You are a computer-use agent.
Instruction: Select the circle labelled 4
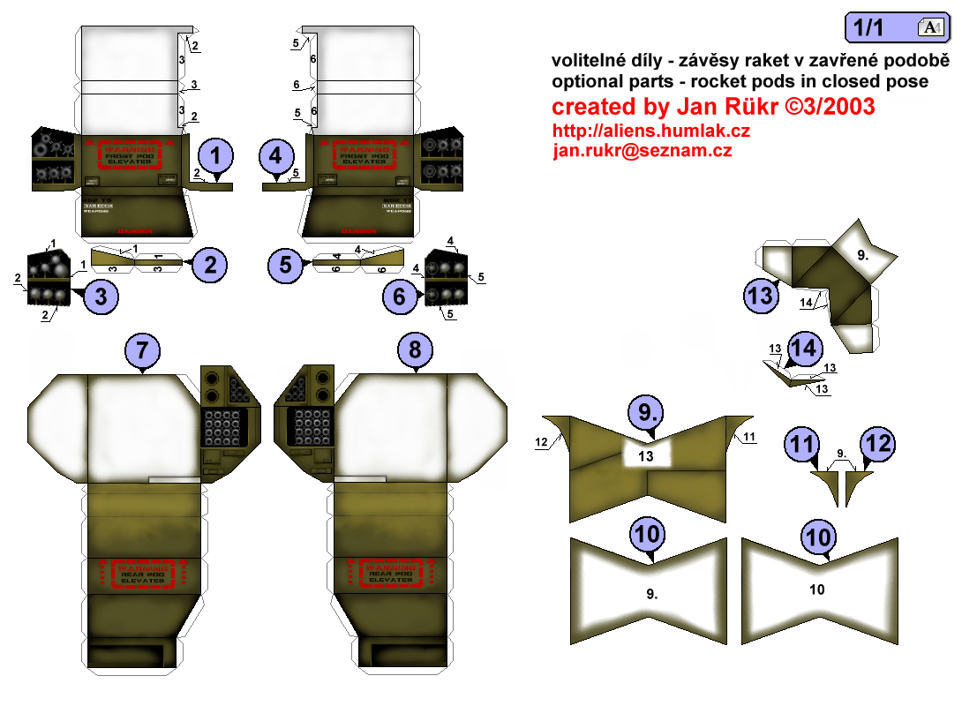[x=277, y=157]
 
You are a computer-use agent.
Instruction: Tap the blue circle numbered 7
[x=147, y=351]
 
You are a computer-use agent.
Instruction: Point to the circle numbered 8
[x=415, y=351]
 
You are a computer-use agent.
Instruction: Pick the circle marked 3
[x=101, y=297]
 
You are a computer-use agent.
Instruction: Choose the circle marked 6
[x=400, y=297]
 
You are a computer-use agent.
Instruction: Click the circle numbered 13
[x=761, y=295]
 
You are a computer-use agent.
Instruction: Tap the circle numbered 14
[x=803, y=348]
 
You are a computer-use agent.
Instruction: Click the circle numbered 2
[x=210, y=263]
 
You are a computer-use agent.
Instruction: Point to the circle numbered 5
[x=285, y=265]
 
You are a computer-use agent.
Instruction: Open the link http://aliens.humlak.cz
[x=651, y=131]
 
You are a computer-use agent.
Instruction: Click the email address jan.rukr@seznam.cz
[x=642, y=151]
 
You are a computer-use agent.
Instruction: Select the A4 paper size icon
[x=931, y=27]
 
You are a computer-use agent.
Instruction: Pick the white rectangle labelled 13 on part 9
[x=647, y=455]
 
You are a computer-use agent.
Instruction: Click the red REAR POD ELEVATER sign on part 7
[x=143, y=575]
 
